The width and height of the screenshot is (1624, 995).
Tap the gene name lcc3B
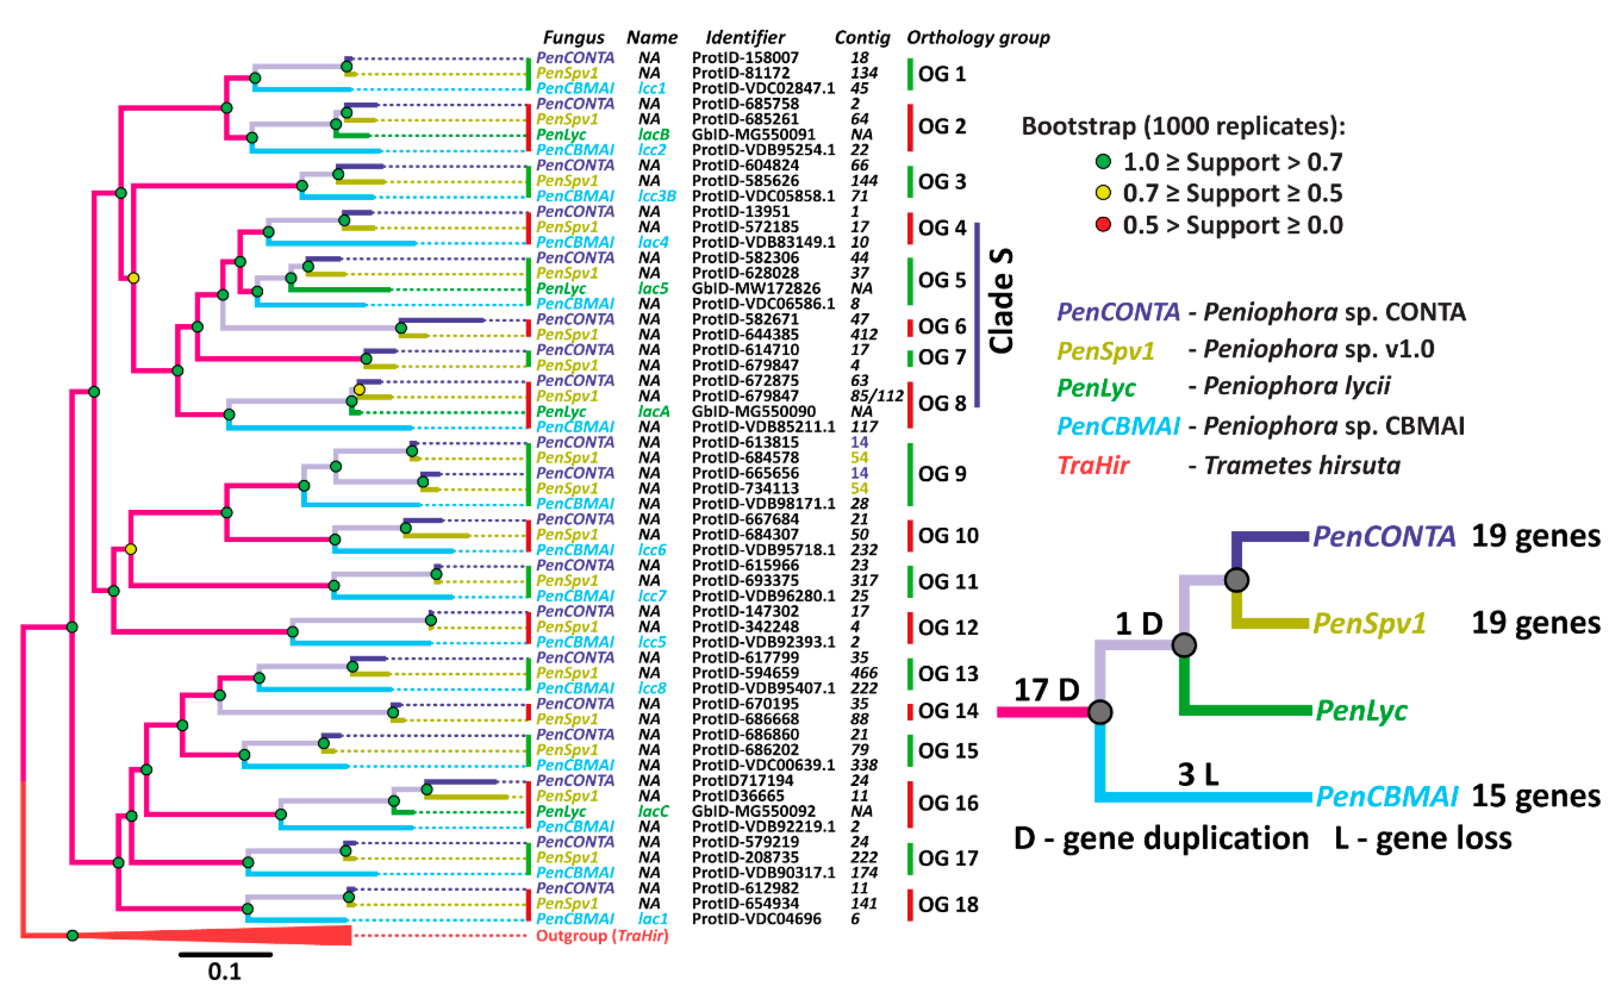tap(657, 196)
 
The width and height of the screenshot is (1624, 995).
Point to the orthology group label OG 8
tap(942, 403)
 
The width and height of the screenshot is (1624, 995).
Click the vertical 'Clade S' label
tap(1001, 301)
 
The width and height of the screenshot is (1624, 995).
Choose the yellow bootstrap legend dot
tap(1103, 193)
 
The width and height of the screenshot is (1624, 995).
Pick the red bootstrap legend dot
tap(1103, 225)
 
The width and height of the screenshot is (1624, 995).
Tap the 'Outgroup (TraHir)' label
tap(602, 936)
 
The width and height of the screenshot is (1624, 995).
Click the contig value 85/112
tap(876, 396)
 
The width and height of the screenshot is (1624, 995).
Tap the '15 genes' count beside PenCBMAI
tap(1536, 796)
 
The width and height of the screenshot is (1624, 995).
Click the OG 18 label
tap(948, 904)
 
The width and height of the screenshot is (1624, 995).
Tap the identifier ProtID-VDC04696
tap(756, 919)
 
